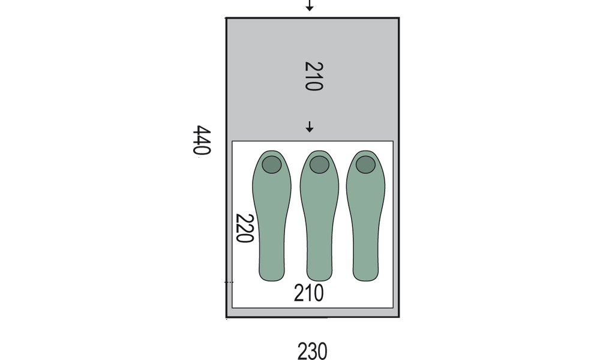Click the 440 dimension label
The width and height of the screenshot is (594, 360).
coord(201,140)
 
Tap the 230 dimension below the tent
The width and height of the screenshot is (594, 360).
coord(312,351)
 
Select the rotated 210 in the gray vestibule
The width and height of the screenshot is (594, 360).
coord(314,76)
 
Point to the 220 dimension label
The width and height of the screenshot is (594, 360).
coord(244,228)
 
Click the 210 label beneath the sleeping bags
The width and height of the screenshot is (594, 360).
coord(309,293)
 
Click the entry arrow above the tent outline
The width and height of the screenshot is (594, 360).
coord(310,5)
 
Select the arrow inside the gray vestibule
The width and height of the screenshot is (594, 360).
coord(310,127)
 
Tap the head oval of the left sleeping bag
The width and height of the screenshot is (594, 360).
coord(272,164)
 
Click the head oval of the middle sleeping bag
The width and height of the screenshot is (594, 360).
coord(319,164)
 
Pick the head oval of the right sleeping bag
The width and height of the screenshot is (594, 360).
coord(365,164)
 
